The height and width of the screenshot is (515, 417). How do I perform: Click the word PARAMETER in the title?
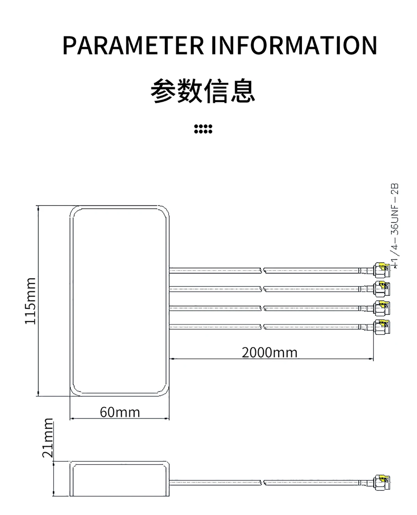tap(133, 45)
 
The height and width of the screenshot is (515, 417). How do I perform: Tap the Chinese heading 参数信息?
tap(203, 92)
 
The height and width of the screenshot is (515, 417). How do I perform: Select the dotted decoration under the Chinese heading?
tap(203, 129)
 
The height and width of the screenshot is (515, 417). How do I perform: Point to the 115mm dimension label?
tap(31, 301)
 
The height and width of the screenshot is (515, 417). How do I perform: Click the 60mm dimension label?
tap(120, 412)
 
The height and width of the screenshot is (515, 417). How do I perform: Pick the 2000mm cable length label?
tap(270, 352)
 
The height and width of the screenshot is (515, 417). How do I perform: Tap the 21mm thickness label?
tap(48, 438)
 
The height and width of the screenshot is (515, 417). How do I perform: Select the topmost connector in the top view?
tap(381, 270)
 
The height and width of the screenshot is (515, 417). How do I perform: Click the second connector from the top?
tap(381, 288)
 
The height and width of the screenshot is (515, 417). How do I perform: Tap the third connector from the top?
tap(381, 308)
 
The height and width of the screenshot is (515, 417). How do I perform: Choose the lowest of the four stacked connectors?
tap(381, 326)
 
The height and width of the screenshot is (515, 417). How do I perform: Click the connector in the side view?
tap(381, 482)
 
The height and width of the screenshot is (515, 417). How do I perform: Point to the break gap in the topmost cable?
tap(262, 270)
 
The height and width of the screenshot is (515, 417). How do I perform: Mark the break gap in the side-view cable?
tap(262, 482)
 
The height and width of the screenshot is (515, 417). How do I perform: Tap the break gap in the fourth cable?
tap(262, 326)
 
